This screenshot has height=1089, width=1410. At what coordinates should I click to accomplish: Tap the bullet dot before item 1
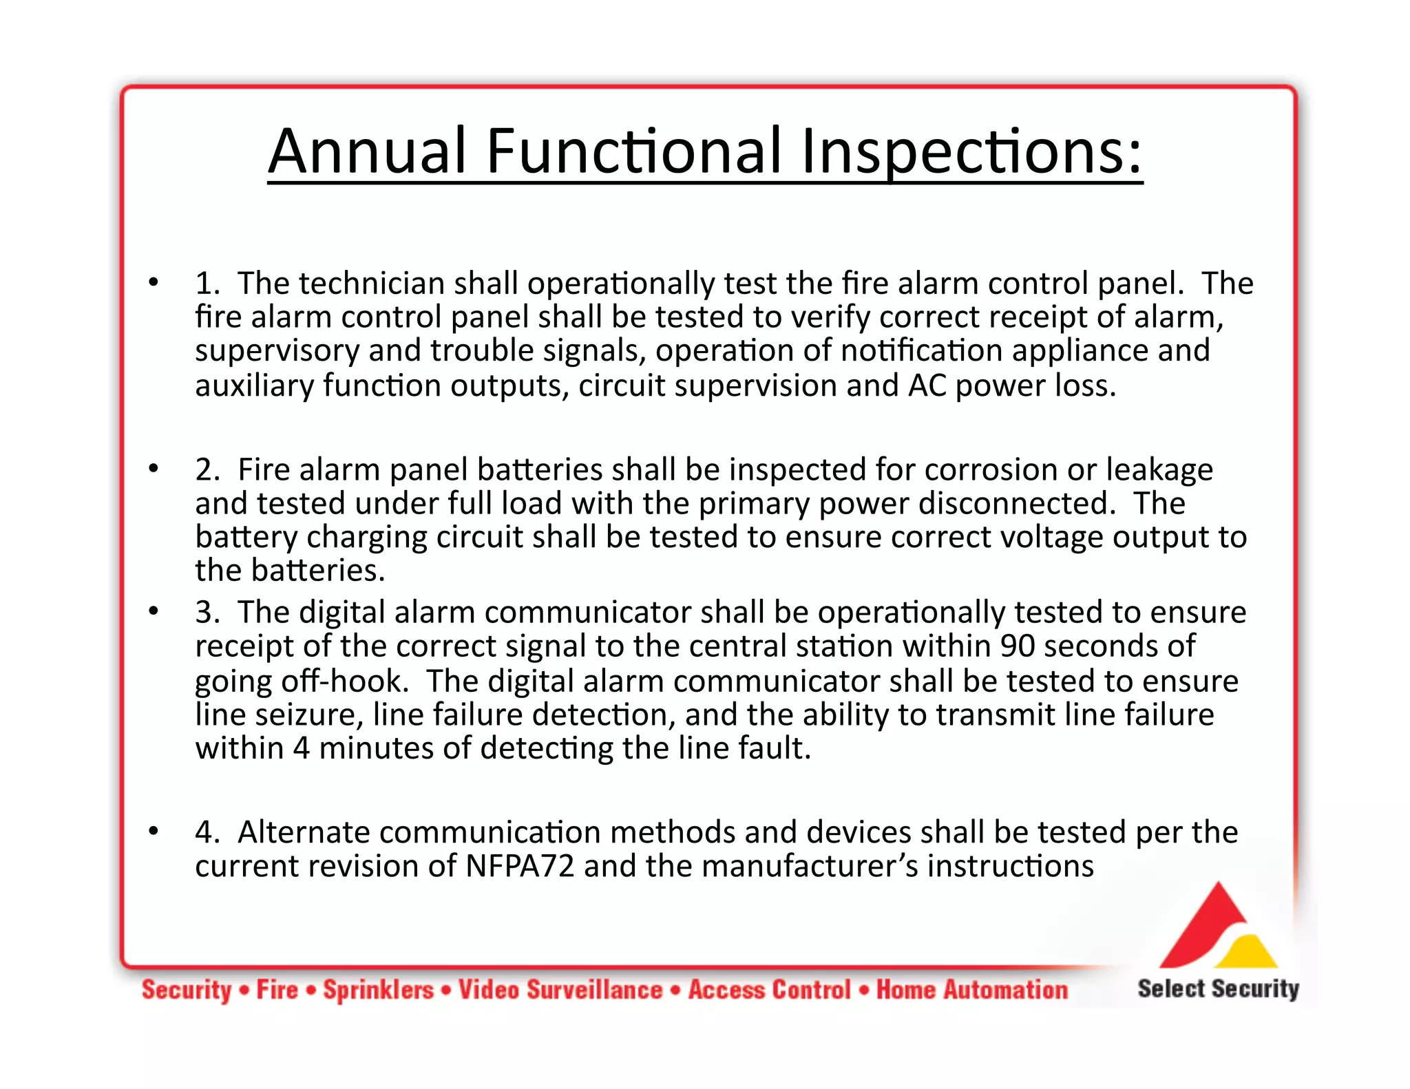click(x=154, y=282)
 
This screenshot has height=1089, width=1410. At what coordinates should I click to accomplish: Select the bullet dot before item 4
click(x=154, y=831)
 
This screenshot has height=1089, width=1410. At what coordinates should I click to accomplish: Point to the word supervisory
click(x=277, y=351)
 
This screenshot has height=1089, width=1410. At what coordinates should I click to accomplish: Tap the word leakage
click(x=1159, y=470)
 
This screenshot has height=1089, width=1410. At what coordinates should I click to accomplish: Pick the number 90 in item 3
click(x=1017, y=646)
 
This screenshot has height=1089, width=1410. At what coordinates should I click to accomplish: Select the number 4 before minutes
click(x=301, y=748)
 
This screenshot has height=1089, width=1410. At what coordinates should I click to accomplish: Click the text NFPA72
click(x=520, y=866)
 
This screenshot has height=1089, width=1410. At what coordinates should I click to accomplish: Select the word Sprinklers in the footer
click(x=379, y=990)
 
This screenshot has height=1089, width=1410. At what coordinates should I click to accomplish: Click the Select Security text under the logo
click(x=1218, y=988)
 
